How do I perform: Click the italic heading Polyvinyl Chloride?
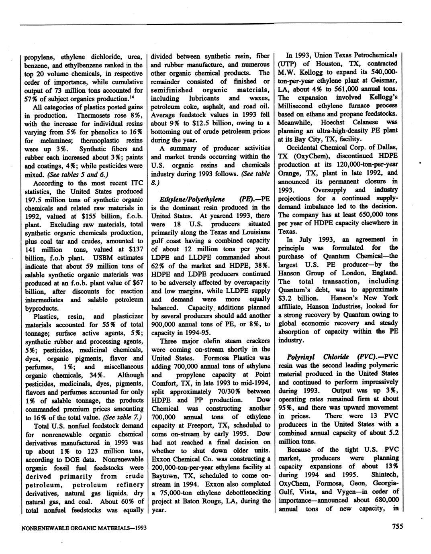click(x=319, y=357)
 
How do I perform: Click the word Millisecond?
click(x=299, y=106)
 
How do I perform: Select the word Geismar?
click(x=385, y=80)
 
